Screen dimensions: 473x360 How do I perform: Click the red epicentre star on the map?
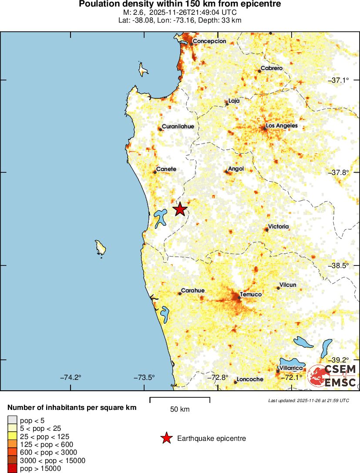[180, 210]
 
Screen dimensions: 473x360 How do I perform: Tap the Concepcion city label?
[209, 41]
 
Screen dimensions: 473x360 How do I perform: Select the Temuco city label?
[251, 295]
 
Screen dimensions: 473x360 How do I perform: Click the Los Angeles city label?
[282, 126]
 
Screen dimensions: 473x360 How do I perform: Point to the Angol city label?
[236, 169]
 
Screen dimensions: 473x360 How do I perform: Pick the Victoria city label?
[279, 227]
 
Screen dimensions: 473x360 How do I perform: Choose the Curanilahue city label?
[178, 127]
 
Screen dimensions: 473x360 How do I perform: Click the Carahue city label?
[193, 291]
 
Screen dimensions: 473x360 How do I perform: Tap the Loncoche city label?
[249, 379]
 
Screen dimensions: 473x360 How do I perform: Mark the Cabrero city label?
[272, 68]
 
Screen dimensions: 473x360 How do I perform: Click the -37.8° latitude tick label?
[339, 173]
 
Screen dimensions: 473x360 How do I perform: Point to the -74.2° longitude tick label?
[71, 377]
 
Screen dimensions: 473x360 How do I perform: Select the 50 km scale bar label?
[179, 409]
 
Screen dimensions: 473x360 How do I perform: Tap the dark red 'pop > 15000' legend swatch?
[13, 469]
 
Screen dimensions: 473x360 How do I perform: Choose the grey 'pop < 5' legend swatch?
[13, 420]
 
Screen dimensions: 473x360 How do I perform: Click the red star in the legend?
[166, 439]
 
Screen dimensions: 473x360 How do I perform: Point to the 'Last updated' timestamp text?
[308, 400]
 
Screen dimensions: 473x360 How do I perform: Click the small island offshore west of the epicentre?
[101, 248]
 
